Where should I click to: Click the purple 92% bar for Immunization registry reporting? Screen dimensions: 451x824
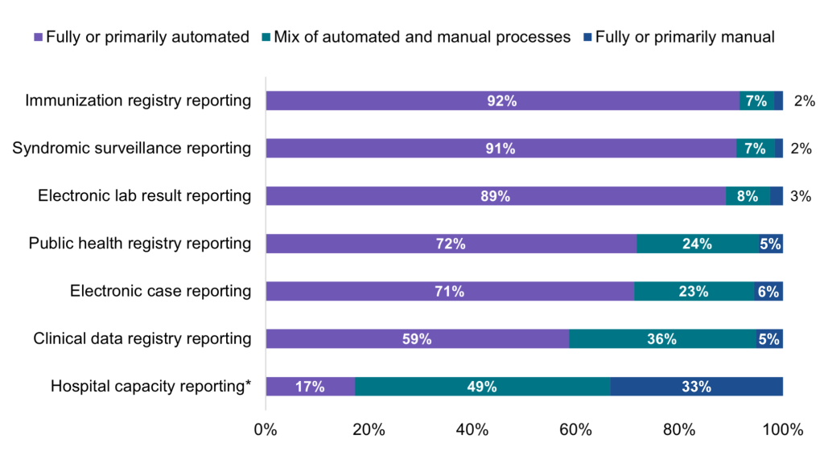coord(502,100)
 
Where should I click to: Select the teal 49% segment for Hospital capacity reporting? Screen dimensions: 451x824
coord(482,387)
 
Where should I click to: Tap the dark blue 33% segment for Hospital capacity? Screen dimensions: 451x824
coord(696,387)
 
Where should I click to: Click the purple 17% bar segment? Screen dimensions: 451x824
coord(310,387)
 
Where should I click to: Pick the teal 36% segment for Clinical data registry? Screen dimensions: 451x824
coord(661,338)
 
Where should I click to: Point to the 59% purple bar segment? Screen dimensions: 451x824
coord(417,338)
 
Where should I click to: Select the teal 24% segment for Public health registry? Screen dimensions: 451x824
coord(697,244)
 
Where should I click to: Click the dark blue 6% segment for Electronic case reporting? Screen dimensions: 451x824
coord(768,291)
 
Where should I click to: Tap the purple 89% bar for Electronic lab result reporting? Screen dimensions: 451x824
coord(495,196)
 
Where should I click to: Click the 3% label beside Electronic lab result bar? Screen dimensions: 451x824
coord(801,196)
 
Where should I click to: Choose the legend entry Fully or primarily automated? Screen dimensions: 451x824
coord(141,37)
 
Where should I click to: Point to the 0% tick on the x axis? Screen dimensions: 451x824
coord(266,429)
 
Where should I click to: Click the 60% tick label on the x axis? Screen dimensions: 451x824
coord(575,429)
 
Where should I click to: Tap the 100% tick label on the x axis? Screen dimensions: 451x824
coord(782,429)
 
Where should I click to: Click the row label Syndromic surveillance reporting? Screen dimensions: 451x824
coord(132,149)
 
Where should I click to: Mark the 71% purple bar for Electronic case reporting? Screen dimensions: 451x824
coord(449,291)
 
